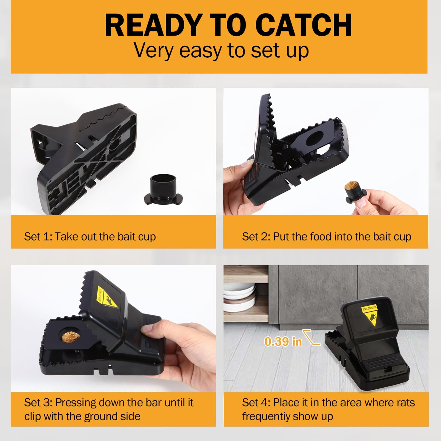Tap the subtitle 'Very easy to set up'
(221, 51)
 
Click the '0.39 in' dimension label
(283, 341)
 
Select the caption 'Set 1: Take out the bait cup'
(90, 237)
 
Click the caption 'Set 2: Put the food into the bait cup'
(327, 237)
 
